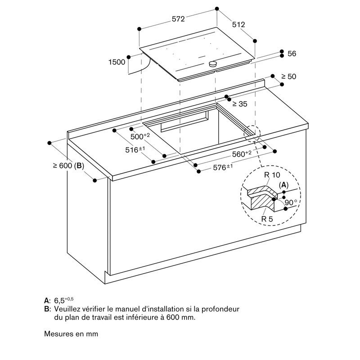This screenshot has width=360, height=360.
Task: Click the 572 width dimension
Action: click(x=178, y=19)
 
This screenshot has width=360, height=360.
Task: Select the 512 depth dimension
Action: click(x=238, y=25)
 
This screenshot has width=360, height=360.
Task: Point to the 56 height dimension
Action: click(x=292, y=54)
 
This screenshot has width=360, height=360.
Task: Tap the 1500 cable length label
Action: click(x=117, y=62)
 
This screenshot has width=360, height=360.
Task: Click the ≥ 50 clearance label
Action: click(x=288, y=76)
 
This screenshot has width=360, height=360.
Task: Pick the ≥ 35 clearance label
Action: click(x=240, y=104)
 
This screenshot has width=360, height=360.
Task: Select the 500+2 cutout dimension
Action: click(x=140, y=136)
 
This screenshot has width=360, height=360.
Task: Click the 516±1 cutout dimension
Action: click(x=135, y=150)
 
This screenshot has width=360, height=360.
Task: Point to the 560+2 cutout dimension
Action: click(x=242, y=154)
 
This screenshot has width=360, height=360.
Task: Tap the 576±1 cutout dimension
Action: click(x=223, y=167)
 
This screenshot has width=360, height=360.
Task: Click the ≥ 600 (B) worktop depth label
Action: click(x=68, y=166)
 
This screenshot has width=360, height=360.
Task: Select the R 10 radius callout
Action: click(x=272, y=175)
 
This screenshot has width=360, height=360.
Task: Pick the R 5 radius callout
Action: click(x=267, y=219)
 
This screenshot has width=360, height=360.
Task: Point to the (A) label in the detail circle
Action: click(x=284, y=185)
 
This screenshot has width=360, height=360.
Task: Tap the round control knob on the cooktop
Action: click(x=213, y=64)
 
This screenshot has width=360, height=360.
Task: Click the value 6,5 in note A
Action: click(x=59, y=301)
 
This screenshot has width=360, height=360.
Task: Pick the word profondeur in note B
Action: click(x=220, y=309)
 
